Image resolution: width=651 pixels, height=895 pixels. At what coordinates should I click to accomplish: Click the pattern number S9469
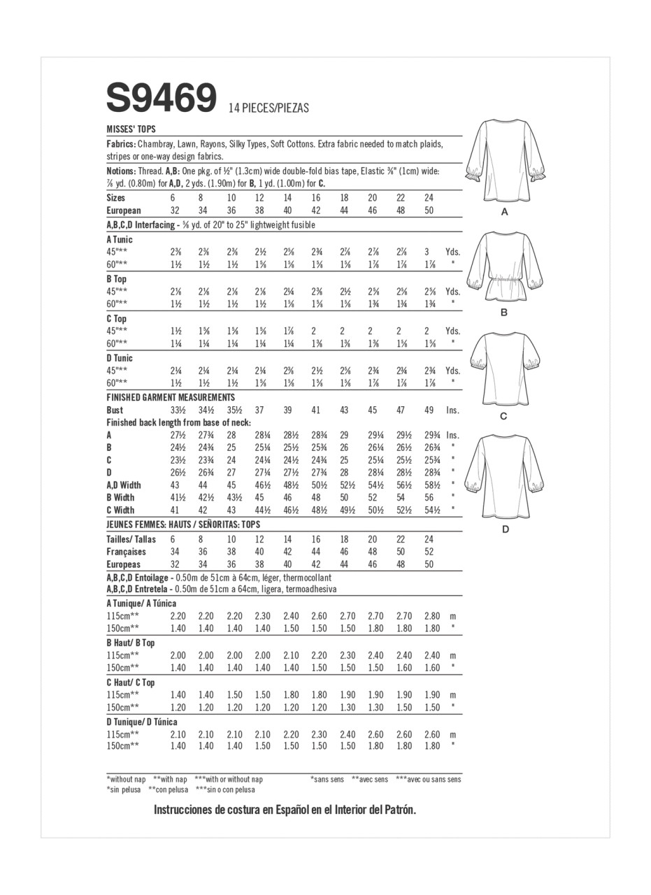point(162,99)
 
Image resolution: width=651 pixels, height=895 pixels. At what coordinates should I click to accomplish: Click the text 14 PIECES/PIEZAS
point(269,108)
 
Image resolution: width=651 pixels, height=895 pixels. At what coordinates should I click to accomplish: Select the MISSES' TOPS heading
point(131,129)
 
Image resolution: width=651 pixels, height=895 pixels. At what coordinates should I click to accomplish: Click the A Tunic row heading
point(120,239)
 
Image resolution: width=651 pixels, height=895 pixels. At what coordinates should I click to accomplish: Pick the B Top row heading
point(116,279)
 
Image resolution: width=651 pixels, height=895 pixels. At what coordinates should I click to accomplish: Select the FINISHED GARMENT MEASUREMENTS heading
point(171,397)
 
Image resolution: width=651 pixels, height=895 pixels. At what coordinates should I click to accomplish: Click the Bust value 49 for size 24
point(429,410)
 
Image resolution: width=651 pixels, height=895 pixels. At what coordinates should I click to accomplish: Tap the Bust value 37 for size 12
point(259,410)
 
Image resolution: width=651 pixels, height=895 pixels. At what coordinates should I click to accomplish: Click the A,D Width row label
point(124,485)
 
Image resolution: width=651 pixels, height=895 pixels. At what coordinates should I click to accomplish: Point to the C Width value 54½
point(431,510)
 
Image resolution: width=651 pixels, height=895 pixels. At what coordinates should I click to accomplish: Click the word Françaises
point(126,552)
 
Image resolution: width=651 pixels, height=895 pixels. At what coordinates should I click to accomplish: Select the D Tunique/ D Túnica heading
point(142,722)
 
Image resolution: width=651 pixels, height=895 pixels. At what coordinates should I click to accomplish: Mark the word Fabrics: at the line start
point(121,144)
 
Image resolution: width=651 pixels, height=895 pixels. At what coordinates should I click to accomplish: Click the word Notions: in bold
point(122,171)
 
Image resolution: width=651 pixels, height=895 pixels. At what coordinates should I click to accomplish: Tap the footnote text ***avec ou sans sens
point(428,779)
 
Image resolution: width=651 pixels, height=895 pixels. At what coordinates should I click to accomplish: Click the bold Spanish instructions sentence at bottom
point(285,810)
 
